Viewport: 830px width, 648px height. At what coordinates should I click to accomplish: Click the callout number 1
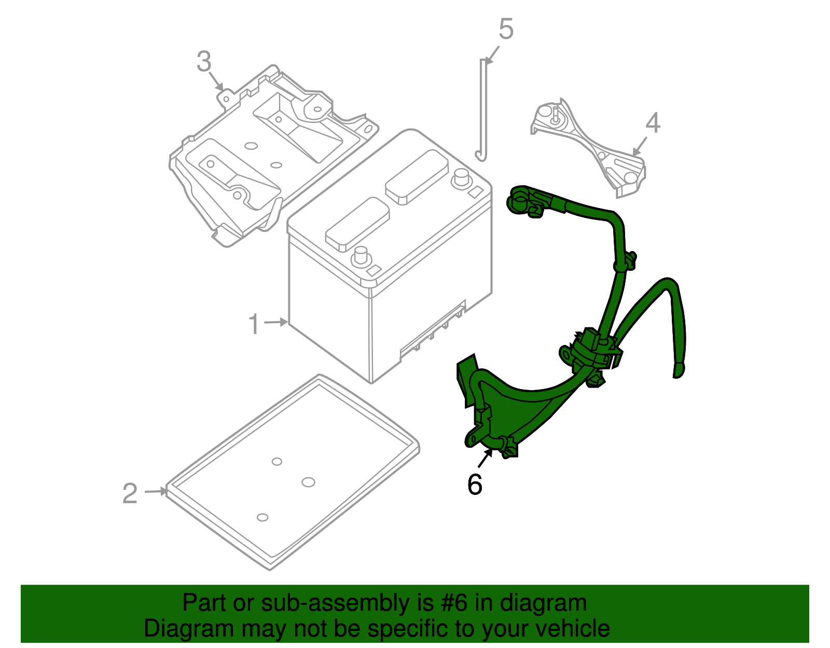point(253,325)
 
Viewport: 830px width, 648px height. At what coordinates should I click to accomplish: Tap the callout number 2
point(130,493)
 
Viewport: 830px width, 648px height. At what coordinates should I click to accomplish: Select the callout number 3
point(204,62)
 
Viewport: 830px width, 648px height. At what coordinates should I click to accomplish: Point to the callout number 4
point(653,123)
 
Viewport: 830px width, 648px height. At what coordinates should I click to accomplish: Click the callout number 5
point(506,29)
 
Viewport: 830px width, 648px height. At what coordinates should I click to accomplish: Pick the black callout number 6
point(475,485)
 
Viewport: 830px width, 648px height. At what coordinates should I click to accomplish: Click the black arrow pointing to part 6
point(486,459)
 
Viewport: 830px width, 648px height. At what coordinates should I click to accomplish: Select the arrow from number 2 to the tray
point(156,491)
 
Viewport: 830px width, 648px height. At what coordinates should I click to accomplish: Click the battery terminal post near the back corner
point(460,177)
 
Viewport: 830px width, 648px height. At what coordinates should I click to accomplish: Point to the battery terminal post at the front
point(359,256)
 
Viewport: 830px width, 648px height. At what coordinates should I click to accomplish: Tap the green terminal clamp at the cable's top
point(520,199)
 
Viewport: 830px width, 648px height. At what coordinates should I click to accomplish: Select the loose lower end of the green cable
point(679,370)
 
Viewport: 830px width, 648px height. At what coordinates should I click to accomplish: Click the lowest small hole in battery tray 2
point(262,517)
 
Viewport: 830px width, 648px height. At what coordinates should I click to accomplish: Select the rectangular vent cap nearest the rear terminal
point(417,177)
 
